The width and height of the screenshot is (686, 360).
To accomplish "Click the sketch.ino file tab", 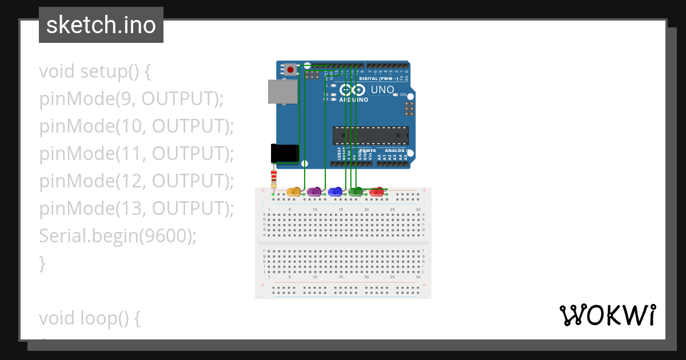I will click(x=101, y=25).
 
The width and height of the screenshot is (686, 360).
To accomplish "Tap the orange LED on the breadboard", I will click(x=293, y=191).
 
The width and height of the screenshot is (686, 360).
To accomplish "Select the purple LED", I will click(x=314, y=191).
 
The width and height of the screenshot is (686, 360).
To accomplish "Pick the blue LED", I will click(x=335, y=191).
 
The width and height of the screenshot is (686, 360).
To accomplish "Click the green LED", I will click(x=356, y=191).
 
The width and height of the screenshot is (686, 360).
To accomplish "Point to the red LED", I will click(x=376, y=191).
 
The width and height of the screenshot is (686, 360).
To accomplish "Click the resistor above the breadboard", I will click(x=274, y=177).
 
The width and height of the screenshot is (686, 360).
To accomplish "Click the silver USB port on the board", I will click(x=283, y=91).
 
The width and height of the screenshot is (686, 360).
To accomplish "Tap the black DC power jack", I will click(x=285, y=153).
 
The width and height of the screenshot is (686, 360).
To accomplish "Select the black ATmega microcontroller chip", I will click(x=370, y=135).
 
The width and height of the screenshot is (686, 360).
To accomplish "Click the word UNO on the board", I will click(x=382, y=90).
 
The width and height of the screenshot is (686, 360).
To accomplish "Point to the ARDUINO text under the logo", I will click(x=354, y=99).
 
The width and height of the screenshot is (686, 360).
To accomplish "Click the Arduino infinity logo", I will click(x=352, y=90).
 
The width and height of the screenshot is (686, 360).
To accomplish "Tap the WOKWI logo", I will click(x=607, y=315).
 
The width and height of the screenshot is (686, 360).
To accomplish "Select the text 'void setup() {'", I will click(x=95, y=72).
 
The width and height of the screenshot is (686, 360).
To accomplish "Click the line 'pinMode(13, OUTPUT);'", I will click(x=137, y=209).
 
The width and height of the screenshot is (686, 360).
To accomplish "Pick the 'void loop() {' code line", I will click(x=90, y=318).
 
